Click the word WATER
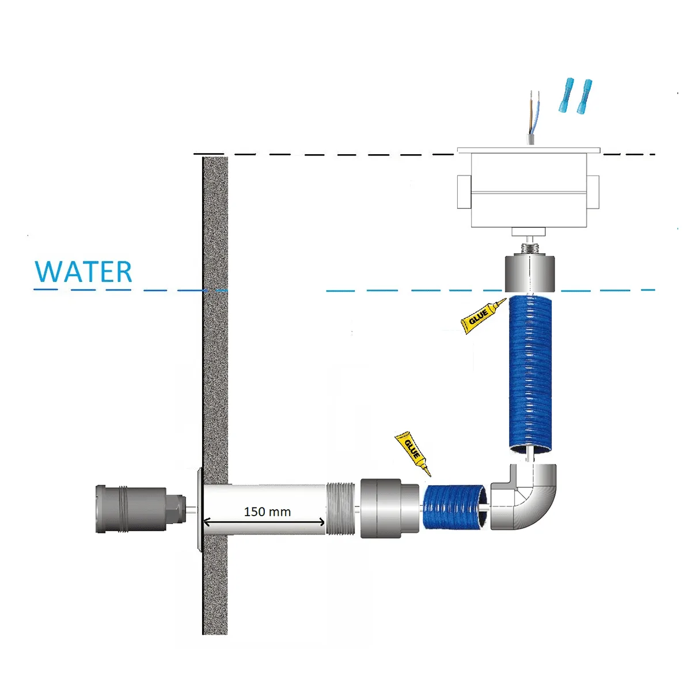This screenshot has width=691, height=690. click(x=83, y=272)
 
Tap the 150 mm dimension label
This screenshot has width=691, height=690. click(x=267, y=512)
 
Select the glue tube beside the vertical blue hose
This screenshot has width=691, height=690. click(x=483, y=316)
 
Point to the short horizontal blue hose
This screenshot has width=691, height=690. click(x=455, y=506)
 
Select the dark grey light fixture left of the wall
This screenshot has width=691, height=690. click(x=141, y=509)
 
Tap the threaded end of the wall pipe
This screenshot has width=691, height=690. click(x=340, y=509)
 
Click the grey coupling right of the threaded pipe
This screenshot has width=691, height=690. click(x=389, y=508)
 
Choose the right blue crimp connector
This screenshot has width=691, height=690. click(x=584, y=97)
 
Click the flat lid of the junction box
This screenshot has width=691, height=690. click(x=529, y=150)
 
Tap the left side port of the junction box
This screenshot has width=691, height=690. click(x=464, y=192)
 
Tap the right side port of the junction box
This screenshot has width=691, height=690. click(x=593, y=192)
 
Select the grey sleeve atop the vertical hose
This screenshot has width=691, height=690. click(x=530, y=273)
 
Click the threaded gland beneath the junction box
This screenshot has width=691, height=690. click(x=529, y=248)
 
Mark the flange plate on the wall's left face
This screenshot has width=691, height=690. click(x=199, y=509)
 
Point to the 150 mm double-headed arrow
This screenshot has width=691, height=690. click(x=264, y=523)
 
